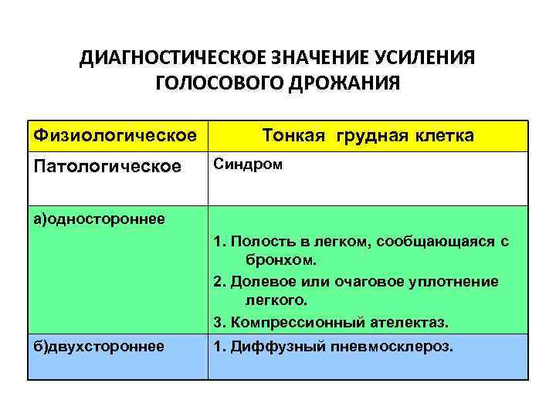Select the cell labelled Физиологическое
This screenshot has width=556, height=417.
click(x=113, y=136)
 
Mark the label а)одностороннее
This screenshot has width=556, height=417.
click(x=98, y=219)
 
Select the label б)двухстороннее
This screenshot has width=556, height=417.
click(x=97, y=346)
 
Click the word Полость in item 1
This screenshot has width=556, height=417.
click(x=259, y=242)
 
